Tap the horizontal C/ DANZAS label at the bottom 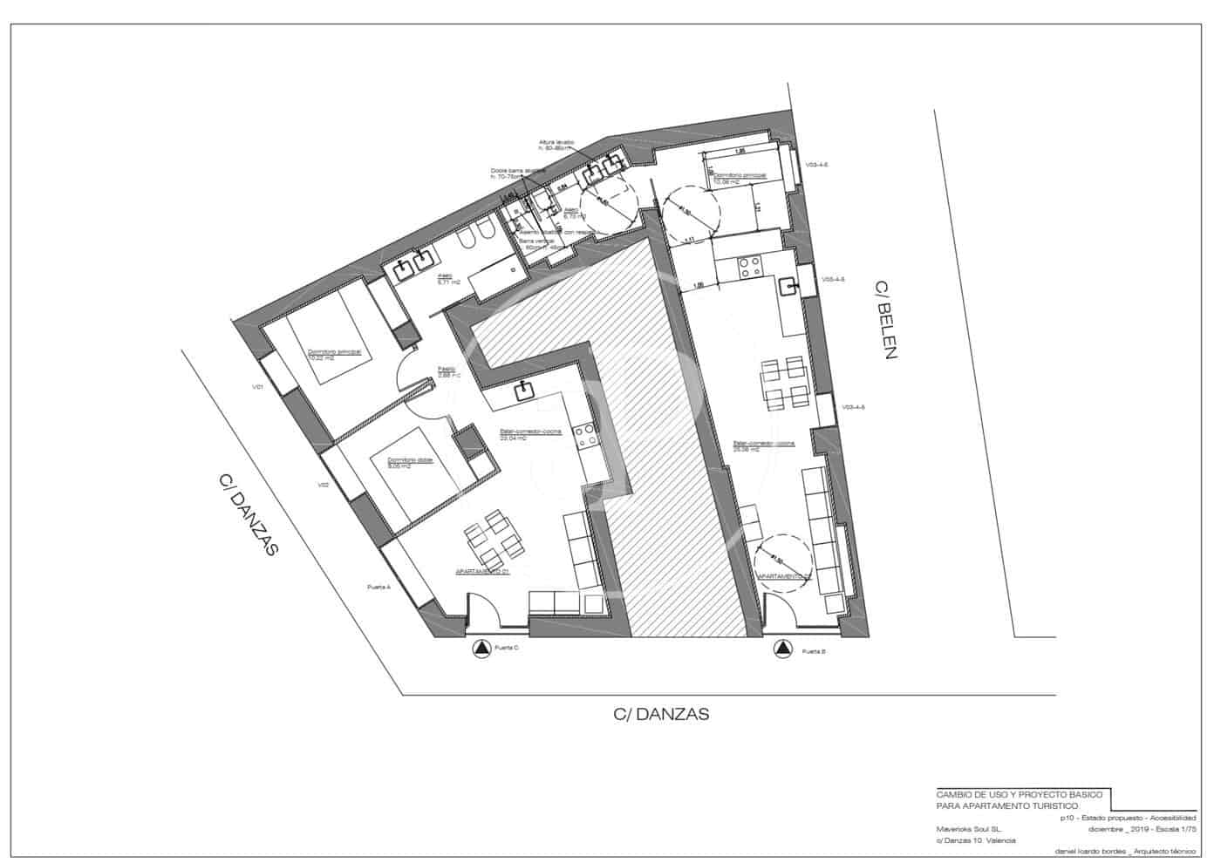click(x=661, y=715)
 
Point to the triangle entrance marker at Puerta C click(x=481, y=649)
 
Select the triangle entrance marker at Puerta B click(x=782, y=649)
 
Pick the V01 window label click(x=257, y=386)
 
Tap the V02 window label click(x=323, y=485)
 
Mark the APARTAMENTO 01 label click(x=482, y=573)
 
